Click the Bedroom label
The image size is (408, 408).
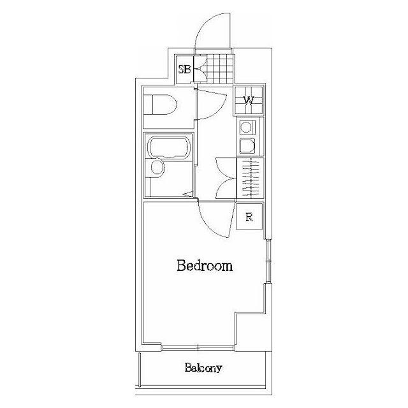[205, 266]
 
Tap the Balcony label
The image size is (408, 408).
[203, 368]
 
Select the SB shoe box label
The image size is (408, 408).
[184, 69]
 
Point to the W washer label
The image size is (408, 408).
[249, 101]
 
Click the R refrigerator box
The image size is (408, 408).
[249, 217]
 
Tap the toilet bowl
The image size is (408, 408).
[160, 105]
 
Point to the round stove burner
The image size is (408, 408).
[245, 127]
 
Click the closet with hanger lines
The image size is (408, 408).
[250, 178]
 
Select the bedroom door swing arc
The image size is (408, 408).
[215, 225]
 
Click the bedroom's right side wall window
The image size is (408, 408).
[268, 261]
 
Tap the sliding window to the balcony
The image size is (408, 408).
[198, 347]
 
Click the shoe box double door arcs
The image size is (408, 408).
[201, 69]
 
